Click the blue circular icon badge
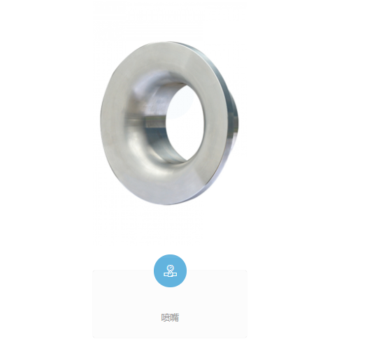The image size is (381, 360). (x=170, y=271)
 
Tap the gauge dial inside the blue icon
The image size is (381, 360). (x=171, y=268)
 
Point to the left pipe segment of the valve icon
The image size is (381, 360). (x=166, y=274)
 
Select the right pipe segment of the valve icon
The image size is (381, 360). (x=175, y=274)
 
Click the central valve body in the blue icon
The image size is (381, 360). (x=171, y=274)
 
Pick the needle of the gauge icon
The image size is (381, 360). (x=171, y=268)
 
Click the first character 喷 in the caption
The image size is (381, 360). (x=166, y=317)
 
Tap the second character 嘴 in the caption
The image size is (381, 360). (x=175, y=317)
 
